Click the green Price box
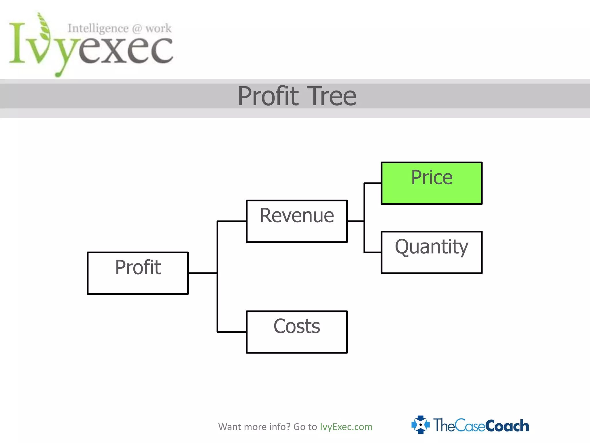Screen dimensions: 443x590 point(431,183)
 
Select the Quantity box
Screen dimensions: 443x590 point(431,252)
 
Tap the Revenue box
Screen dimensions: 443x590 point(297,221)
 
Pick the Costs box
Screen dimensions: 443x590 point(297,332)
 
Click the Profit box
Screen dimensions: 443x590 point(138,273)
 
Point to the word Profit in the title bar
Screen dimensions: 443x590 point(268,96)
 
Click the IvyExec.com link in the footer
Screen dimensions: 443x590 point(346,427)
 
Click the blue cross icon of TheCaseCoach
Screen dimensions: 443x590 point(420,425)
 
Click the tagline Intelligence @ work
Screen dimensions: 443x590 point(120,29)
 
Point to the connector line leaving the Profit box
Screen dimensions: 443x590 point(202,273)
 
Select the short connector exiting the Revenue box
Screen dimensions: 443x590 point(355,221)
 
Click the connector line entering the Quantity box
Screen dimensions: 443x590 point(372,252)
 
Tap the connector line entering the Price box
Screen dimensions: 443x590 point(372,183)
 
